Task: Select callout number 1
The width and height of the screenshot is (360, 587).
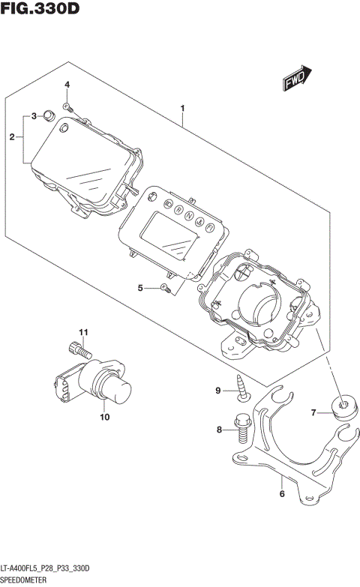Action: (x=182, y=110)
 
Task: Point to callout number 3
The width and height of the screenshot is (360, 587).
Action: (x=34, y=116)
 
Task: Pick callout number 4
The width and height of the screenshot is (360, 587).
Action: (x=66, y=85)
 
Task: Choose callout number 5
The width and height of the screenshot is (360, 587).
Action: (x=140, y=287)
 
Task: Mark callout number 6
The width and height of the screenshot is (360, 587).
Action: (x=282, y=493)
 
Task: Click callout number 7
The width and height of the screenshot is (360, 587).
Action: (x=315, y=412)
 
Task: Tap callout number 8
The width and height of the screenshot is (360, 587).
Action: (x=220, y=430)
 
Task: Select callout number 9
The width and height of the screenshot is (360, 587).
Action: (x=220, y=390)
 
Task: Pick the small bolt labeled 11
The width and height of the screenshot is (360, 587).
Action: (x=79, y=349)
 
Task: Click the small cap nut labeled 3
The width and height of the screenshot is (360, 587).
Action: (x=46, y=115)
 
